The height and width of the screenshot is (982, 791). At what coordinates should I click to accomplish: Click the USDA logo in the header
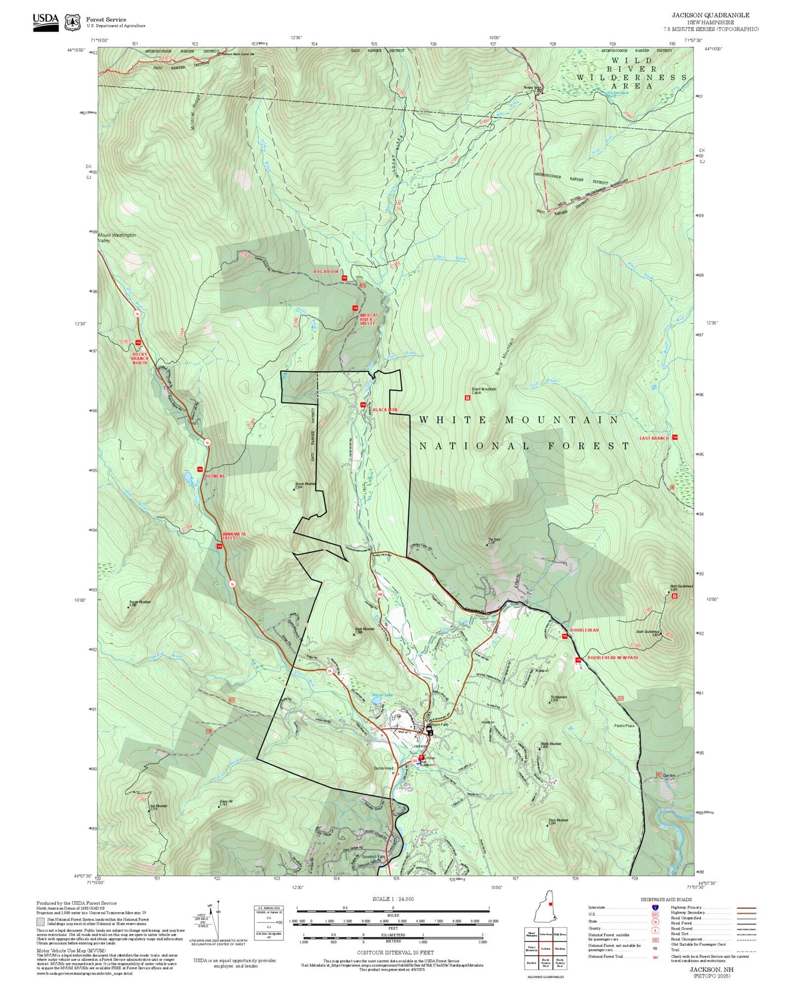pyautogui.click(x=45, y=21)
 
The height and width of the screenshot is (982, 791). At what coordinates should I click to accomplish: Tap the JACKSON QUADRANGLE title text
pyautogui.click(x=711, y=15)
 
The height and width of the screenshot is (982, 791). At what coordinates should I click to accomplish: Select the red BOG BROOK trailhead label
pyautogui.click(x=326, y=272)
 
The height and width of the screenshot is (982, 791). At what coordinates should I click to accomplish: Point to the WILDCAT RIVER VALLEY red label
pyautogui.click(x=367, y=320)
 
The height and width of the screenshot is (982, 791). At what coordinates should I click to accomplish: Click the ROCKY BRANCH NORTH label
pyautogui.click(x=140, y=358)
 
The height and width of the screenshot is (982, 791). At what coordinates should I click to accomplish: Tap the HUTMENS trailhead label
pyautogui.click(x=215, y=476)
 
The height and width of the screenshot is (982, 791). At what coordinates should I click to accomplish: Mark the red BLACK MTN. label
pyautogui.click(x=385, y=409)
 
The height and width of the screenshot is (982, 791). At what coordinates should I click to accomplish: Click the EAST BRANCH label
pyautogui.click(x=654, y=438)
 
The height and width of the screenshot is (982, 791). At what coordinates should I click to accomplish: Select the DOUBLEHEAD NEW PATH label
pyautogui.click(x=613, y=657)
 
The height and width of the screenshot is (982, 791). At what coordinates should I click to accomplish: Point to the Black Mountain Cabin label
pyautogui.click(x=484, y=391)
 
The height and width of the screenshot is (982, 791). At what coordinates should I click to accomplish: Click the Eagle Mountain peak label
pyautogui.click(x=365, y=630)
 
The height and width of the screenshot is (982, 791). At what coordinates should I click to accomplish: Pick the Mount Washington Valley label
pyautogui.click(x=117, y=238)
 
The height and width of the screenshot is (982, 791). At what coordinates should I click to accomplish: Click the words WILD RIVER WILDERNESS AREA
pyautogui.click(x=632, y=73)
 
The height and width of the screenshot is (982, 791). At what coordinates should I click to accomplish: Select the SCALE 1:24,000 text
pyautogui.click(x=392, y=899)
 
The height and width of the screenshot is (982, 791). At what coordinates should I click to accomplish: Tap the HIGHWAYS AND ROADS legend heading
pyautogui.click(x=666, y=899)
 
